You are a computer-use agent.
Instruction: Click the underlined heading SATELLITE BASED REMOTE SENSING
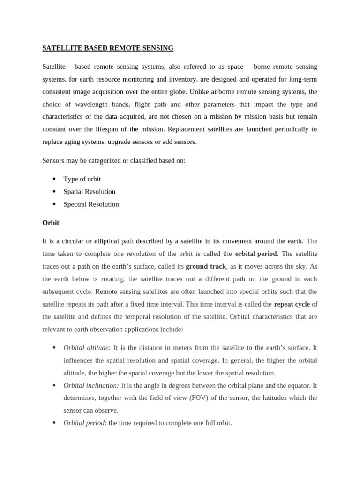(108, 48)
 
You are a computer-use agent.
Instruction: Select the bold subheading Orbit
(51, 223)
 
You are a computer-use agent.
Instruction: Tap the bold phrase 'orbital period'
(256, 254)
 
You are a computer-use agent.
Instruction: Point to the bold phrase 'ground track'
(206, 266)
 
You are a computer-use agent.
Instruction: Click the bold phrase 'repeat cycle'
(292, 304)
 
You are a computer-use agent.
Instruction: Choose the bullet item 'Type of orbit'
(82, 179)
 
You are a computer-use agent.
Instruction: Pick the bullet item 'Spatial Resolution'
(89, 192)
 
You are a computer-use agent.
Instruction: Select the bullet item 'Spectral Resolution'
(91, 204)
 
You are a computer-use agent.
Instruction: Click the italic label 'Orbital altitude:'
(87, 348)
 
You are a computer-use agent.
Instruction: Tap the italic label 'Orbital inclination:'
(91, 385)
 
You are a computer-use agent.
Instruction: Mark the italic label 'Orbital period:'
(85, 423)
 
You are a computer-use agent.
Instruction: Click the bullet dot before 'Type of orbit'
(54, 179)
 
